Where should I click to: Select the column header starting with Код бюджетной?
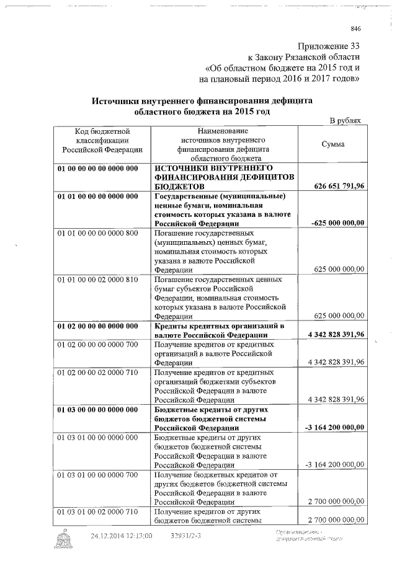(101, 140)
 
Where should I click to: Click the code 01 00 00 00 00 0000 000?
(97, 169)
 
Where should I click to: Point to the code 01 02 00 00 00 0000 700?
(97, 344)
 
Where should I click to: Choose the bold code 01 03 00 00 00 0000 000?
(97, 409)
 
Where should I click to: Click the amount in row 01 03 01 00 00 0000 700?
(335, 500)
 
